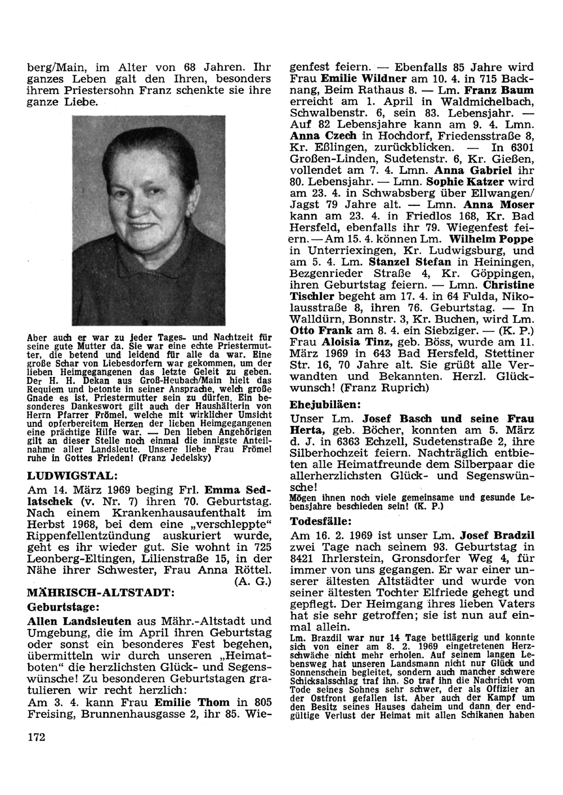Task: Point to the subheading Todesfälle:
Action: click(x=321, y=521)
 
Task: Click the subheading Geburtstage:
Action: click(x=64, y=607)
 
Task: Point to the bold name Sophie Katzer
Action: click(x=467, y=182)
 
